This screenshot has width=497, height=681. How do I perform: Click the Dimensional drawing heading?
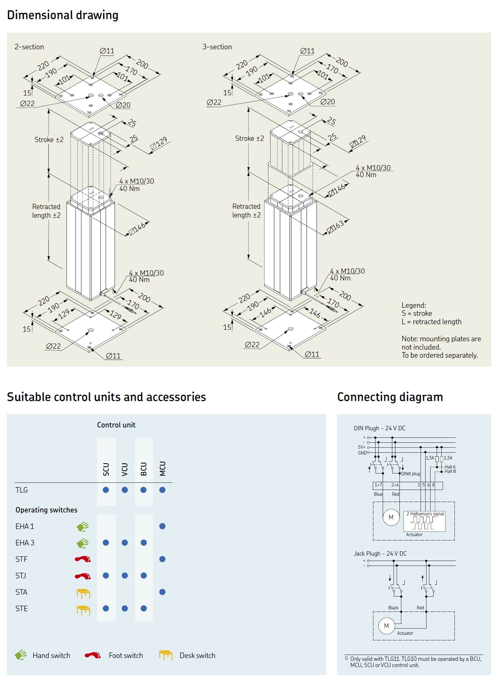pyautogui.click(x=62, y=15)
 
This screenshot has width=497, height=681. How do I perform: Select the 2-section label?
pyautogui.click(x=29, y=47)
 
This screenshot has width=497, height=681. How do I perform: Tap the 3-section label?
pyautogui.click(x=217, y=47)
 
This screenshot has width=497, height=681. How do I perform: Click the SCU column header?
pyautogui.click(x=106, y=469)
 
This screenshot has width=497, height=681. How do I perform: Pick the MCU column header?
pyautogui.click(x=163, y=468)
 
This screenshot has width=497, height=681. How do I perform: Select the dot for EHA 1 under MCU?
pyautogui.click(x=162, y=526)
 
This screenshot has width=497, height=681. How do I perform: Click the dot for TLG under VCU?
pyautogui.click(x=125, y=490)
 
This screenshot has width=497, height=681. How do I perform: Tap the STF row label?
pyautogui.click(x=21, y=559)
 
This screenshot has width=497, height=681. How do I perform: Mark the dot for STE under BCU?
pyautogui.click(x=144, y=608)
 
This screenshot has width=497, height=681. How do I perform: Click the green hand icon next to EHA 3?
pyautogui.click(x=83, y=543)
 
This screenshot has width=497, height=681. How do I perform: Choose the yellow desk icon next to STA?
pyautogui.click(x=83, y=593)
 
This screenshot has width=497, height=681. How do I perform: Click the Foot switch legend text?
pyautogui.click(x=126, y=655)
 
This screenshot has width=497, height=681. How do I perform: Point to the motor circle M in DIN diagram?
pyautogui.click(x=391, y=517)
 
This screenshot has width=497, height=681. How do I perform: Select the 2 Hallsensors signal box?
pyautogui.click(x=424, y=521)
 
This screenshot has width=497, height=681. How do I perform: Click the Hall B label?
pyautogui.click(x=450, y=471)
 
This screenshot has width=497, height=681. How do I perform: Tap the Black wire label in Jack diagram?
pyautogui.click(x=393, y=608)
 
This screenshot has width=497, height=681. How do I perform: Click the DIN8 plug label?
pyautogui.click(x=410, y=474)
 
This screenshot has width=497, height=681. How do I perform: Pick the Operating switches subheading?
pyautogui.click(x=47, y=510)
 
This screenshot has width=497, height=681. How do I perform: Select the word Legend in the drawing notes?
pyautogui.click(x=413, y=305)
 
